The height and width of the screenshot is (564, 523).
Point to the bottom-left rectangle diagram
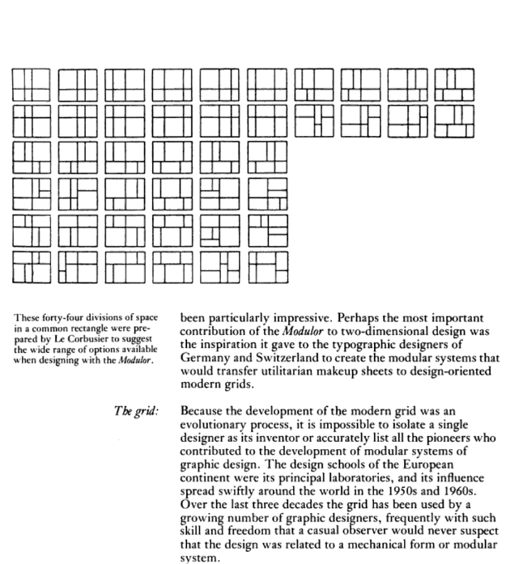[x=31, y=267]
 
